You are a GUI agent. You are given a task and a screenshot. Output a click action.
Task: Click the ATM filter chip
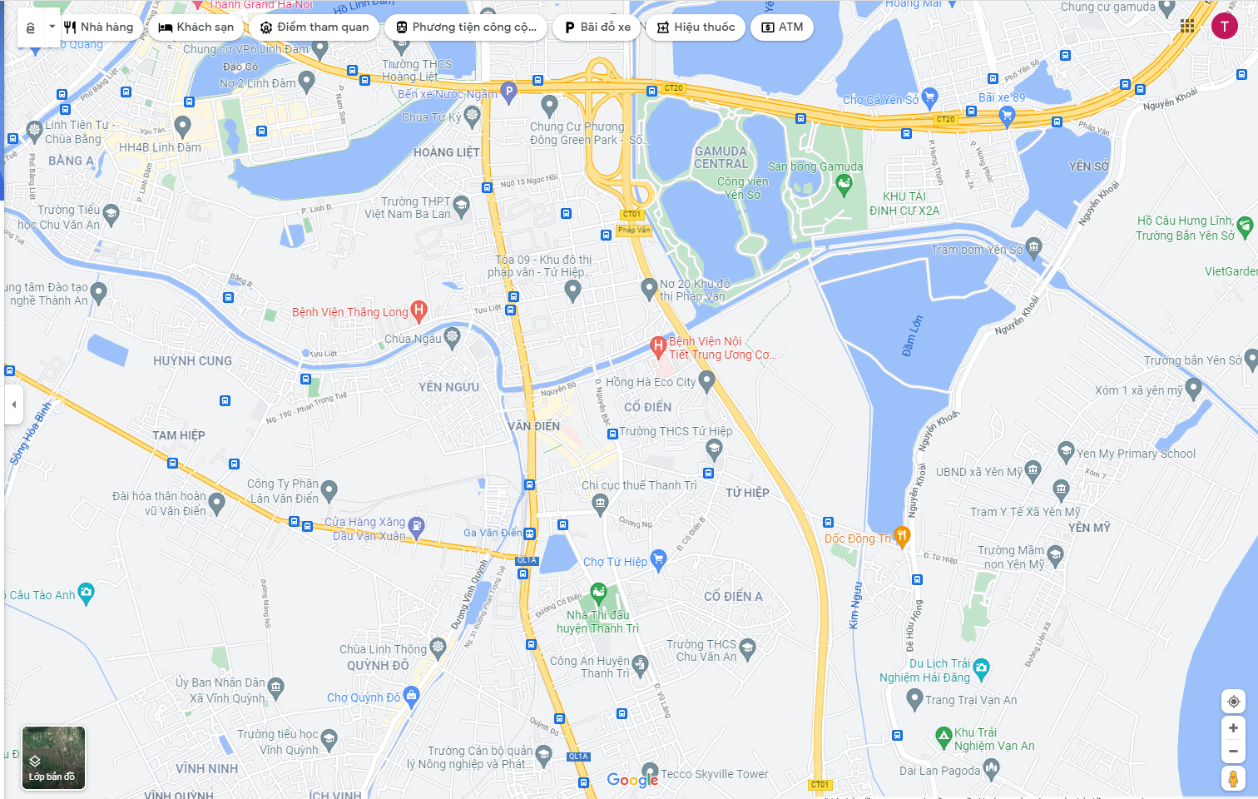coord(782,27)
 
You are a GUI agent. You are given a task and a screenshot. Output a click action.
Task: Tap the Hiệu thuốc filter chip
coord(696,27)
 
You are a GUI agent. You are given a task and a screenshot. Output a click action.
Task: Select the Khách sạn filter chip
coord(196,27)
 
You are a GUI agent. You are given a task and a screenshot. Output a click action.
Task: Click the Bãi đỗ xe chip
coord(597,27)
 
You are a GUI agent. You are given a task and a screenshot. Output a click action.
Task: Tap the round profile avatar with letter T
coord(1224,26)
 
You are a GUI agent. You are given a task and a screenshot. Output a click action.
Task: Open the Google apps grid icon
coord(1187,26)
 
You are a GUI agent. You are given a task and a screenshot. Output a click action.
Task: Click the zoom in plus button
coord(1233,728)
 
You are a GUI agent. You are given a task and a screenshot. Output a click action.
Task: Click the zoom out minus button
coord(1233,752)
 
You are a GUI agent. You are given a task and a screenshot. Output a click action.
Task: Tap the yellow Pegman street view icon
coord(1233,779)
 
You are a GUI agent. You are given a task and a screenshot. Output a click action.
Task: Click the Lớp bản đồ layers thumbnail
coord(53,757)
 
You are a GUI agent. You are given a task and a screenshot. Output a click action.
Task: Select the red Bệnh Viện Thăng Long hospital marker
coord(419,311)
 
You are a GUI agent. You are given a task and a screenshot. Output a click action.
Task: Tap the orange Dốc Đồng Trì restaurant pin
coord(902,536)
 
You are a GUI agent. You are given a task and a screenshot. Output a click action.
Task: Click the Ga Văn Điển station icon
coord(530,533)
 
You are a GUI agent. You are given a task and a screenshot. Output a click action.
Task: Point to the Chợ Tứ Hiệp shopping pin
coord(659,559)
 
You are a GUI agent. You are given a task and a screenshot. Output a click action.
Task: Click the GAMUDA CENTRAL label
coord(721,157)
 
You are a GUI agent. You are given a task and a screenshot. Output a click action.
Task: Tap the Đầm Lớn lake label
coord(913,335)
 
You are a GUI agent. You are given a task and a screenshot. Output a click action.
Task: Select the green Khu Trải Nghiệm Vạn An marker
coord(943,736)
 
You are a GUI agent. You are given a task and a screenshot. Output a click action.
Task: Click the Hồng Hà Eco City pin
coord(707,380)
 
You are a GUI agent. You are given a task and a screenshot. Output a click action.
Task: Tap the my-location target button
coord(1233,702)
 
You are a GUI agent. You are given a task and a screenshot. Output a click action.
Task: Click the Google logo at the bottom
coord(632,780)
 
